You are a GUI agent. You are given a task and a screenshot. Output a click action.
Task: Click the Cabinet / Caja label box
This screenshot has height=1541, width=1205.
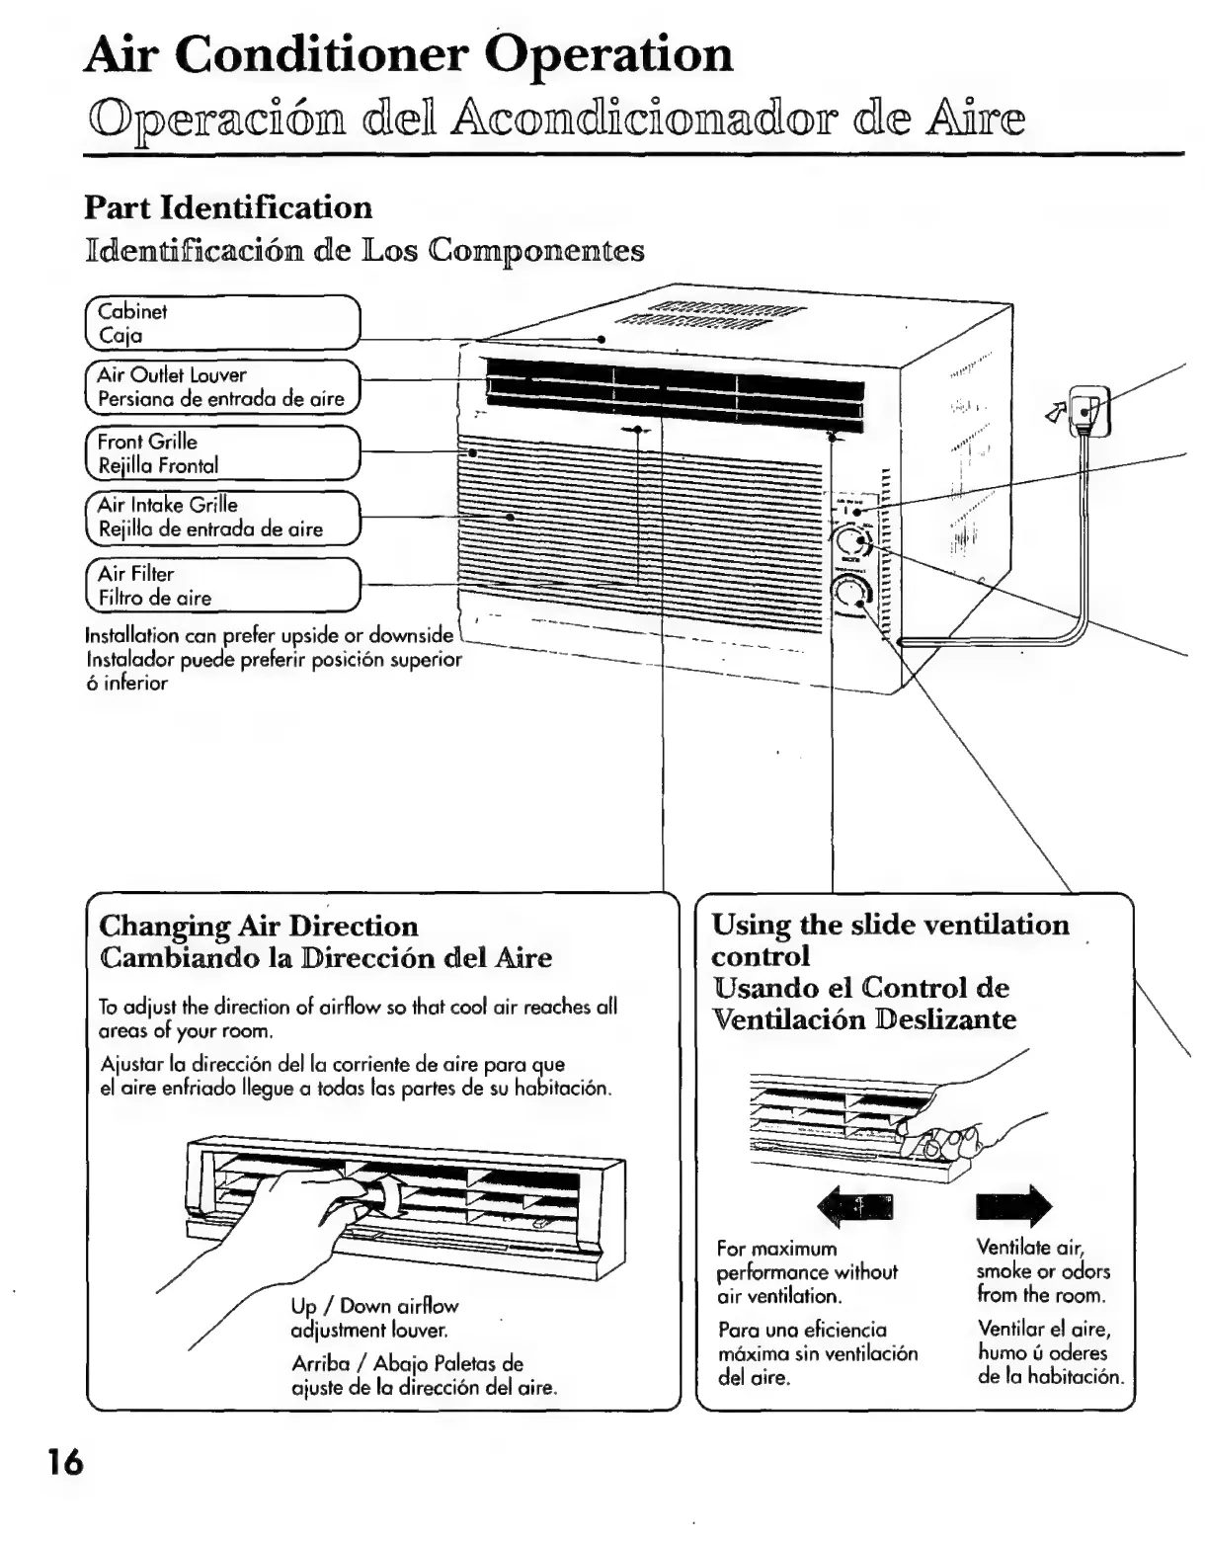[221, 323]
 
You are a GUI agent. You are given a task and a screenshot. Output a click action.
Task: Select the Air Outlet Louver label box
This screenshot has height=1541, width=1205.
[221, 386]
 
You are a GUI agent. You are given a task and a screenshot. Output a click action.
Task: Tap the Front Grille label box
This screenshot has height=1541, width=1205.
[221, 453]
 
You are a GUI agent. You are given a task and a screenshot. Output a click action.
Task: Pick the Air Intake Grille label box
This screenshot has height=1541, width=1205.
[221, 517]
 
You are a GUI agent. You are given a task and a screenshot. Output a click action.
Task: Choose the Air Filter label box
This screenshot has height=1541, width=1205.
[221, 585]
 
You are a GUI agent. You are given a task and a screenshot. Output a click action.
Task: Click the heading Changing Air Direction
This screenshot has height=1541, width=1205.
[259, 926]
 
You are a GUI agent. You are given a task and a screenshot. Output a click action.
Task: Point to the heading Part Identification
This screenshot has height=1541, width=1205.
[228, 207]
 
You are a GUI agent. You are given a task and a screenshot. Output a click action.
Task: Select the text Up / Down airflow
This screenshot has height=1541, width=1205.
[374, 1306]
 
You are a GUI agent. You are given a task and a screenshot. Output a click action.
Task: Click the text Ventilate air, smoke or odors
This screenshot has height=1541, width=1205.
[1043, 1270]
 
